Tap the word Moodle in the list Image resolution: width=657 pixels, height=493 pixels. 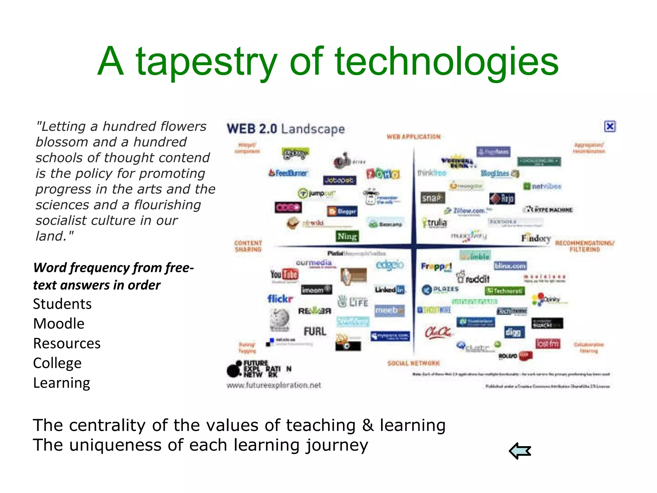(x=59, y=324)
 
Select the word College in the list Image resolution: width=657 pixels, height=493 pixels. (x=57, y=363)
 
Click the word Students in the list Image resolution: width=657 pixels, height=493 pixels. (x=62, y=304)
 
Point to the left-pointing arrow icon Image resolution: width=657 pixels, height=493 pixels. (x=520, y=451)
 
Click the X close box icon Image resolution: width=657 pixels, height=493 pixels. (x=610, y=126)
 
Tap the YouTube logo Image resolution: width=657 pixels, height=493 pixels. (x=284, y=274)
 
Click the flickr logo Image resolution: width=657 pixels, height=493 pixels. (x=280, y=299)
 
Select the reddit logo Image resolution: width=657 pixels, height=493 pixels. (x=474, y=278)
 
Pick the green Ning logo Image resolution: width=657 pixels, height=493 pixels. (x=347, y=237)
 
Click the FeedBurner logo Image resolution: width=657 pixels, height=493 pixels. (x=288, y=173)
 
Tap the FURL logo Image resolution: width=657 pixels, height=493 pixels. (x=315, y=331)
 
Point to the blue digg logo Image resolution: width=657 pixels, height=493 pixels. (x=514, y=332)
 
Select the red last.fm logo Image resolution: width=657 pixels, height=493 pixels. (x=548, y=344)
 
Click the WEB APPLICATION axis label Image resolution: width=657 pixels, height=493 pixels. (x=414, y=137)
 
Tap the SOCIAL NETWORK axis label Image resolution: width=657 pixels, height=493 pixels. (x=414, y=363)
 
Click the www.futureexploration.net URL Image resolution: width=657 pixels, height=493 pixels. (x=274, y=385)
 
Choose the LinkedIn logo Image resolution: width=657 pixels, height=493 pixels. (x=389, y=290)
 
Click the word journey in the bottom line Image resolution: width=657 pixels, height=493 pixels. (x=337, y=445)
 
